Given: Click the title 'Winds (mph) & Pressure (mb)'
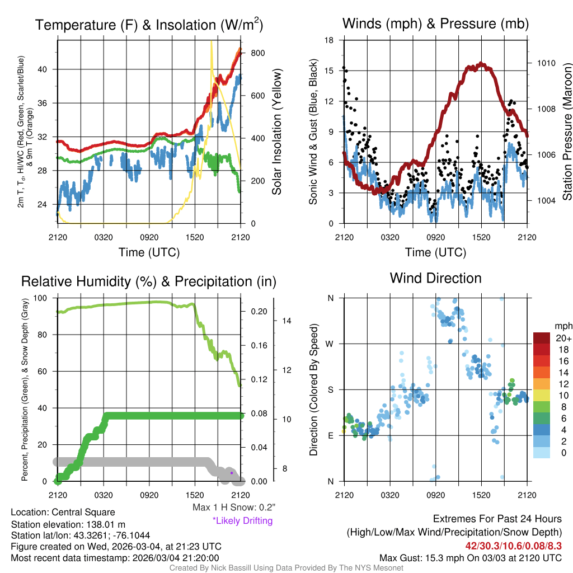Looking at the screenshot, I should (x=435, y=24).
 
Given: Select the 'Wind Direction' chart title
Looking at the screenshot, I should (x=435, y=278).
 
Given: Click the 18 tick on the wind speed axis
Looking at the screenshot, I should (x=329, y=40).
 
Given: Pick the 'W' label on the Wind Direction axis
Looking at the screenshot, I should (x=331, y=344).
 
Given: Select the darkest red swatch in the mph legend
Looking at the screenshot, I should (x=542, y=338).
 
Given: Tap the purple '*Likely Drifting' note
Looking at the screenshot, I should (x=242, y=521).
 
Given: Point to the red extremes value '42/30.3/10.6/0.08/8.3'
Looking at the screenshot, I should (x=513, y=546).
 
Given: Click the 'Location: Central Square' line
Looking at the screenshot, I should (x=63, y=512).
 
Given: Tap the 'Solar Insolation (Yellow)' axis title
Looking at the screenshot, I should (x=276, y=132).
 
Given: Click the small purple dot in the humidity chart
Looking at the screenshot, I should (x=231, y=473).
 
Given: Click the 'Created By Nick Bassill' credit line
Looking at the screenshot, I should (x=286, y=568).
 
